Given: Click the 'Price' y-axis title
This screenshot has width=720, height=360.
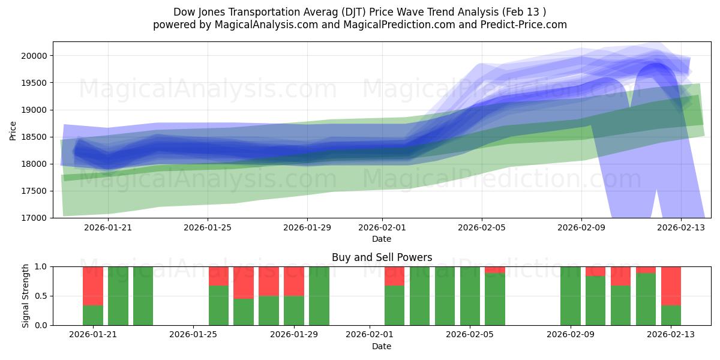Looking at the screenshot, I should [x=13, y=130].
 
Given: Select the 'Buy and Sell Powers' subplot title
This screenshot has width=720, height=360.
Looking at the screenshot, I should [x=382, y=257].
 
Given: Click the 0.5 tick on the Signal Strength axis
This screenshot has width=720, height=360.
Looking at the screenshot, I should [x=42, y=296].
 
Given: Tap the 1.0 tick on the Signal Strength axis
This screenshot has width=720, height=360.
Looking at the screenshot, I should [x=42, y=266].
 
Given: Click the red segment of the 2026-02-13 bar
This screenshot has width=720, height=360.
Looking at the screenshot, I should [x=671, y=286].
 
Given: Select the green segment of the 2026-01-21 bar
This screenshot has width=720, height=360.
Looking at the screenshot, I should [x=93, y=316].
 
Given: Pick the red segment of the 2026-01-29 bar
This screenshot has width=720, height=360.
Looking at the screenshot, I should [x=294, y=281].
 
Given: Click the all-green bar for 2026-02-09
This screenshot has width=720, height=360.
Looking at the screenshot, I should [x=570, y=296].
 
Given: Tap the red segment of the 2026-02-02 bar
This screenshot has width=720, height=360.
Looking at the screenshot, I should [x=394, y=276].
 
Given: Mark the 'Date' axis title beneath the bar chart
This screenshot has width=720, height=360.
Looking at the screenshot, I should [x=382, y=346].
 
